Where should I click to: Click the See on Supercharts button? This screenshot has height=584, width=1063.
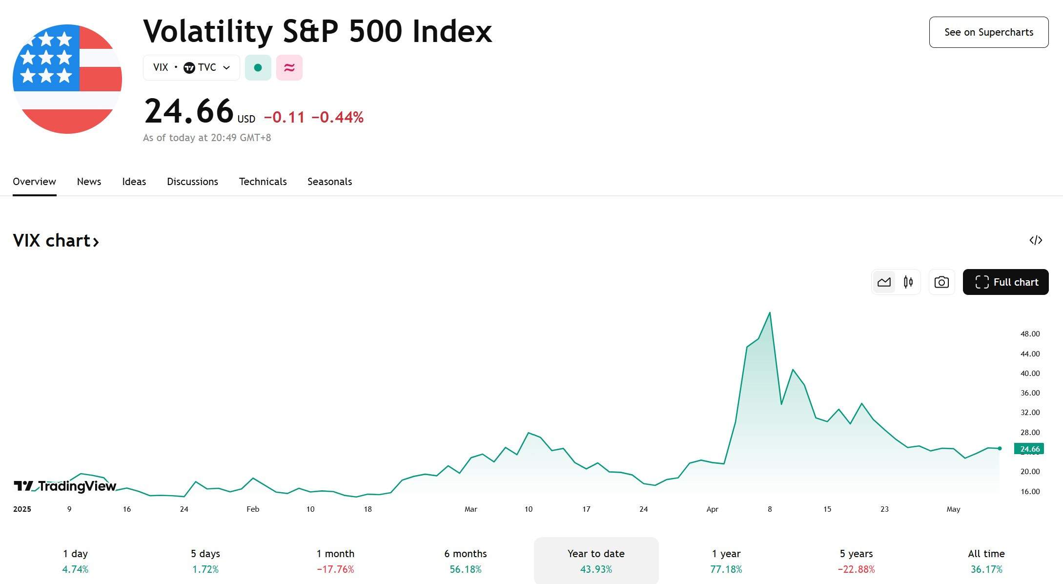pyautogui.click(x=989, y=32)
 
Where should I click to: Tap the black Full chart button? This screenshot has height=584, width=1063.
pyautogui.click(x=1006, y=282)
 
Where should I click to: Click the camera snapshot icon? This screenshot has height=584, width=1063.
pyautogui.click(x=941, y=282)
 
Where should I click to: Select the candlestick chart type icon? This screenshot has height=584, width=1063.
pyautogui.click(x=908, y=282)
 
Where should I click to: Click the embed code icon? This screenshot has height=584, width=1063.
pyautogui.click(x=1036, y=240)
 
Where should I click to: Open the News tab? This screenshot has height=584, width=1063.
pyautogui.click(x=89, y=182)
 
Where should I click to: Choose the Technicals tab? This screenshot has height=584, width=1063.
pyautogui.click(x=263, y=182)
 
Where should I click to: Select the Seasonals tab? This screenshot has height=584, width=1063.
pyautogui.click(x=329, y=182)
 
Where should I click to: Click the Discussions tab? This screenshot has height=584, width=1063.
pyautogui.click(x=192, y=182)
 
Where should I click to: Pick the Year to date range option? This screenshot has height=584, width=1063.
pyautogui.click(x=596, y=561)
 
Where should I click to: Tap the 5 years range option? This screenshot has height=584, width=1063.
pyautogui.click(x=856, y=561)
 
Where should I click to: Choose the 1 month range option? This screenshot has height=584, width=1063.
pyautogui.click(x=335, y=561)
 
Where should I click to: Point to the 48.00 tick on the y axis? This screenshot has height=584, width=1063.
pyautogui.click(x=1030, y=334)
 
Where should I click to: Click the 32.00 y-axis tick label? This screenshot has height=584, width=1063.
pyautogui.click(x=1030, y=413)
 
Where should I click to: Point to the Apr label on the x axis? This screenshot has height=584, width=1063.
pyautogui.click(x=712, y=509)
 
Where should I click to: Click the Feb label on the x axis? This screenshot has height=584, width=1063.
pyautogui.click(x=253, y=509)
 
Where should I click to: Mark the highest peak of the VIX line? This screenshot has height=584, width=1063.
pyautogui.click(x=770, y=313)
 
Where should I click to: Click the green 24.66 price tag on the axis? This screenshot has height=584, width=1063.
pyautogui.click(x=1029, y=449)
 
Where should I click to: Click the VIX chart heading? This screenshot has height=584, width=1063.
pyautogui.click(x=56, y=241)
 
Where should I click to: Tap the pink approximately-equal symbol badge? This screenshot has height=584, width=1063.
pyautogui.click(x=289, y=67)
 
